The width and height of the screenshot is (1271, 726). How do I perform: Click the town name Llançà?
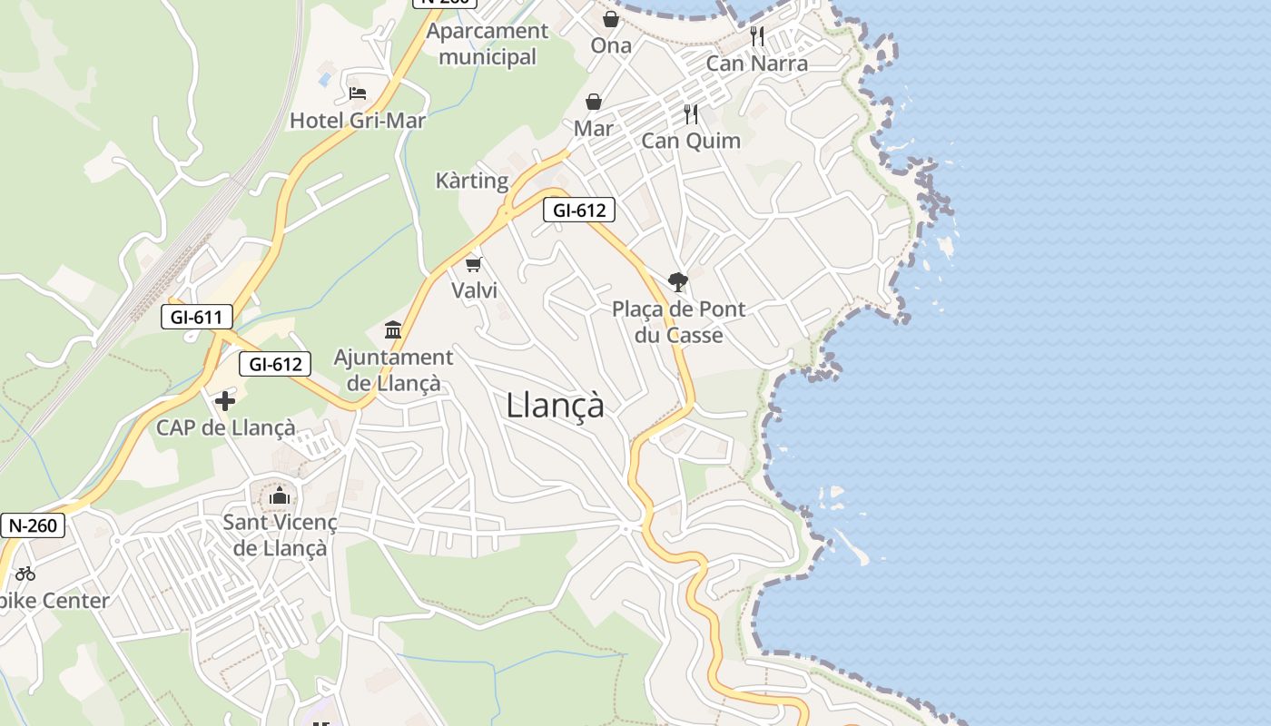(555, 405)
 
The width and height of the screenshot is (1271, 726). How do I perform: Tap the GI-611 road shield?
(196, 317)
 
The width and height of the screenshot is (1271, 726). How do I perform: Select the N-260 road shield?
(33, 525)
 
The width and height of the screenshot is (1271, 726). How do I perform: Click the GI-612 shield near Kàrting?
(579, 211)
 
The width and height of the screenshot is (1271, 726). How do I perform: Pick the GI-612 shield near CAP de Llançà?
(275, 364)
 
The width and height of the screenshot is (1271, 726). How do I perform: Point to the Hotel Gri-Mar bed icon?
(358, 93)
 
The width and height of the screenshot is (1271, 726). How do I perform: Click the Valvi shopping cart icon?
(473, 264)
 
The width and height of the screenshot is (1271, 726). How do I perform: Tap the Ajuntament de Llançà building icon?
(393, 329)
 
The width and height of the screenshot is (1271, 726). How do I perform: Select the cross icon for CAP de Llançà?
(225, 400)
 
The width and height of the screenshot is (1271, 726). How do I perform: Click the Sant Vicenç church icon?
(280, 495)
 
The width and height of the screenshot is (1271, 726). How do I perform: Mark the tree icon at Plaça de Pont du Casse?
(677, 282)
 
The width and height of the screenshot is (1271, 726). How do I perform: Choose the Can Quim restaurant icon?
(691, 114)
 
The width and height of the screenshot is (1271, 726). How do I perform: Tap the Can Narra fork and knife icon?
(757, 36)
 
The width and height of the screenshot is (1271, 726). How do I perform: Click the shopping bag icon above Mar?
(594, 102)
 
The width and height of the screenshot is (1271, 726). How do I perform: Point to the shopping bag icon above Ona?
(611, 18)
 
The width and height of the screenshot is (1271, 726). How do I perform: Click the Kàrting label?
(472, 181)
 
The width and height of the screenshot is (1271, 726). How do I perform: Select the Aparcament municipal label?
(488, 44)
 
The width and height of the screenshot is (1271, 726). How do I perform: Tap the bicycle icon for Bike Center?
(25, 574)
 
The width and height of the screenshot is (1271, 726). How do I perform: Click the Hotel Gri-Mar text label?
(358, 121)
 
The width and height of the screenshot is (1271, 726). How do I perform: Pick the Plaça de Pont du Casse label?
(678, 322)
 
